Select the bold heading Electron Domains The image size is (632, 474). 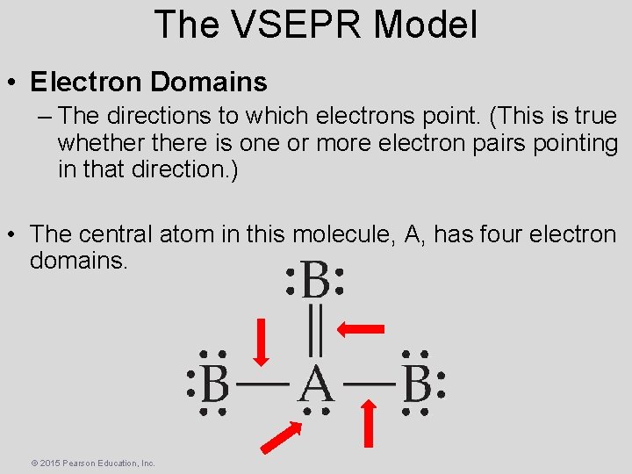(148, 83)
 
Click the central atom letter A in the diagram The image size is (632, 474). (316, 384)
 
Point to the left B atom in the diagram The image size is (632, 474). (215, 384)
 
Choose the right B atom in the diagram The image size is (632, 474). (417, 384)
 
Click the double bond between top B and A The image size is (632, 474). (316, 331)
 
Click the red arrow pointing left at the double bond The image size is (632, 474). (360, 329)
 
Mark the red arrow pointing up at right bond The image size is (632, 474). (370, 423)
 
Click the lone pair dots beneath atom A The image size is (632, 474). (316, 410)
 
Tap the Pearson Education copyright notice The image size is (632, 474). (93, 463)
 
